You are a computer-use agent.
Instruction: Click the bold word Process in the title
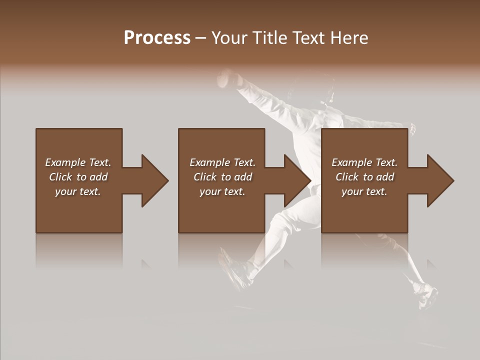point(157,38)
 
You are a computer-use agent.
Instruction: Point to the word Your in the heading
point(230,38)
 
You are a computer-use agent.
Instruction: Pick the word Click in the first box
point(61,177)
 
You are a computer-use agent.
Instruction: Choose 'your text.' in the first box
point(78,191)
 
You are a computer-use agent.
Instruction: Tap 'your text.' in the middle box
point(222,191)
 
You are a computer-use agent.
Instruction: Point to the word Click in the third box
point(347,177)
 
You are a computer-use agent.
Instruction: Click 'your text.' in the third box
point(364,191)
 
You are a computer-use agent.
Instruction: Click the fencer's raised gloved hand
point(227,77)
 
